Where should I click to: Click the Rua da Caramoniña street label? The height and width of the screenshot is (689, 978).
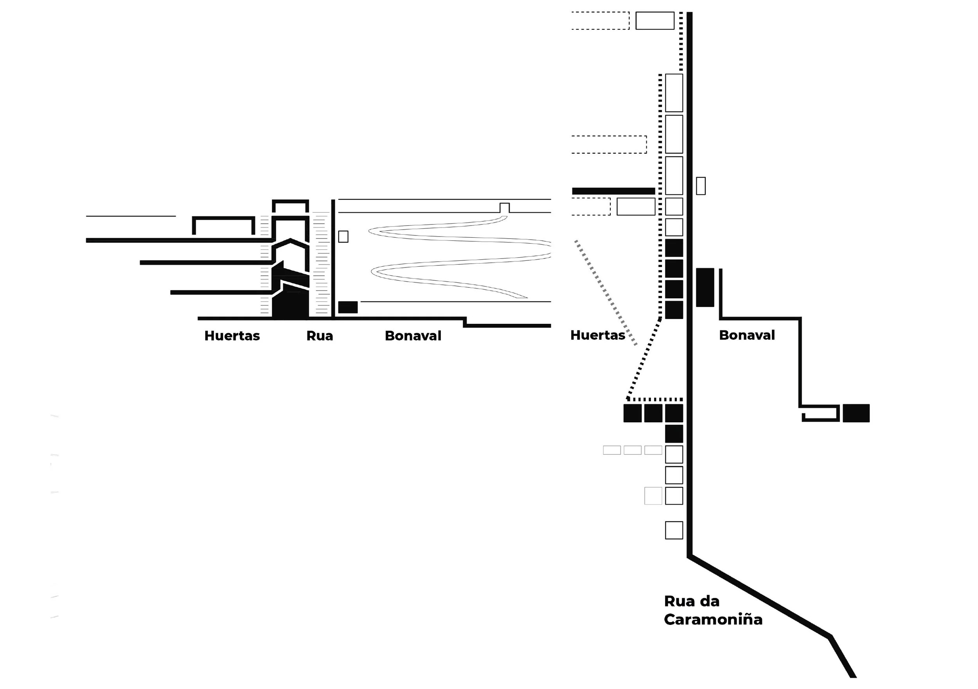click(x=713, y=610)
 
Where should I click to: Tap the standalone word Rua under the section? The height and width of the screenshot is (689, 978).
click(x=320, y=336)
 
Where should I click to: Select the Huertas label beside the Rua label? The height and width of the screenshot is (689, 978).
click(x=232, y=336)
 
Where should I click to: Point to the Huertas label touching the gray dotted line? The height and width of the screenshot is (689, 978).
click(x=598, y=335)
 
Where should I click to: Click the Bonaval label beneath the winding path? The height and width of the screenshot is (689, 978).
click(x=413, y=336)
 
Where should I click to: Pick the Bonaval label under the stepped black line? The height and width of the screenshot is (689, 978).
click(x=747, y=335)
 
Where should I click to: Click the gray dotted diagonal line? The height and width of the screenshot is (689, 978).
click(x=606, y=292)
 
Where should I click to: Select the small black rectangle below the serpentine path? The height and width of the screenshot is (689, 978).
click(x=348, y=307)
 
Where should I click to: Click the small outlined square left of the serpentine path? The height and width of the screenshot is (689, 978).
click(x=343, y=236)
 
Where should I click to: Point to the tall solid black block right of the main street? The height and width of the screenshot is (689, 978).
click(x=705, y=287)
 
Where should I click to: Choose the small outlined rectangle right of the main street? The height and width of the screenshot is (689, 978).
click(x=701, y=186)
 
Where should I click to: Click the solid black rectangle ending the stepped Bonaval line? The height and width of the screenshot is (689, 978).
click(x=856, y=413)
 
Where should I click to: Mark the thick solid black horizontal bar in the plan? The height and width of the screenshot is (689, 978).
click(x=613, y=191)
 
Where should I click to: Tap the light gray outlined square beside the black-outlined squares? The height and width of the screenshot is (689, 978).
click(x=653, y=496)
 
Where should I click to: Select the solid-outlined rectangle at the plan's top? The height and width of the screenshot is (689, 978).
click(x=655, y=20)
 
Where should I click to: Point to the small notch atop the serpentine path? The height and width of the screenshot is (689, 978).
click(x=504, y=208)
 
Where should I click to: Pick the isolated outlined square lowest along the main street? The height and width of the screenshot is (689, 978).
click(x=674, y=530)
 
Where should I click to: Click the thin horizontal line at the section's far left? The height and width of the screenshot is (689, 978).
click(x=131, y=216)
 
